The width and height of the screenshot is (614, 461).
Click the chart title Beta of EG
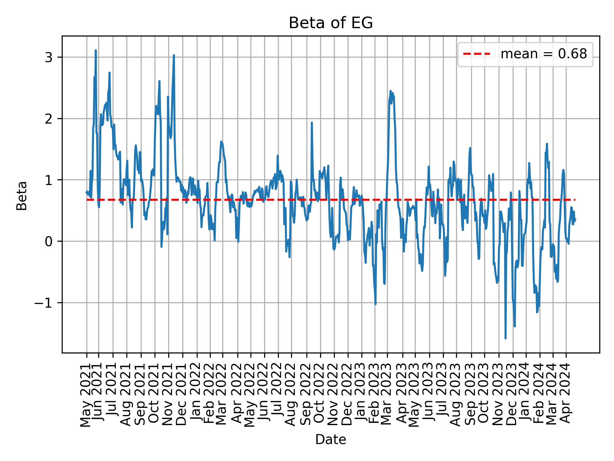click(x=331, y=23)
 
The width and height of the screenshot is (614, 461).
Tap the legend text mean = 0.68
click(x=544, y=54)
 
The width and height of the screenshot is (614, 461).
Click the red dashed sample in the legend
click(x=476, y=54)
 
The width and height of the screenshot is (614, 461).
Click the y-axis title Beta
click(x=22, y=195)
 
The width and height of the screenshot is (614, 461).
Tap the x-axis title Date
click(x=331, y=440)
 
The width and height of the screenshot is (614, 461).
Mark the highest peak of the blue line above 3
click(x=96, y=51)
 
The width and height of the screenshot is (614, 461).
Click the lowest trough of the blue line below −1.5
click(x=505, y=338)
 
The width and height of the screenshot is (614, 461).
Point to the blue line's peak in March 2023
click(x=390, y=91)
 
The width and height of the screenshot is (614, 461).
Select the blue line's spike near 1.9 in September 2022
click(x=311, y=123)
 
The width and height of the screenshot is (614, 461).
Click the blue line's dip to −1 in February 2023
click(x=375, y=304)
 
